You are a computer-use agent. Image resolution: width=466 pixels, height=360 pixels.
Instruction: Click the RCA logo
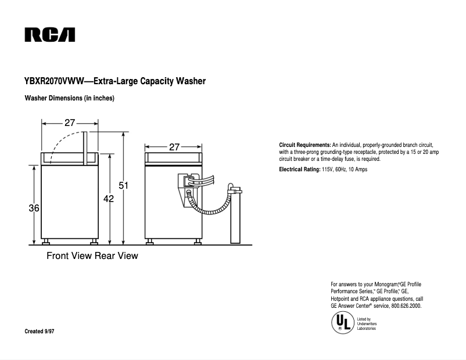point(49,35)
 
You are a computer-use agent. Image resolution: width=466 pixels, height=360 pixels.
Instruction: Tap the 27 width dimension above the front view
point(70,123)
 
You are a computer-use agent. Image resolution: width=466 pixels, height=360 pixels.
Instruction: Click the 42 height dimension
point(108,199)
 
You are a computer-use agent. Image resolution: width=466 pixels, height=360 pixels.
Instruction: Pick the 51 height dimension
point(123,186)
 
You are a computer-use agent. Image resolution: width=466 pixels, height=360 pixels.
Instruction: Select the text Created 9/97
point(42,331)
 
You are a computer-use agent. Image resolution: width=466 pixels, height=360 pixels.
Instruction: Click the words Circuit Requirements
point(304,144)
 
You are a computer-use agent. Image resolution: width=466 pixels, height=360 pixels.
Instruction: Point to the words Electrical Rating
point(299,170)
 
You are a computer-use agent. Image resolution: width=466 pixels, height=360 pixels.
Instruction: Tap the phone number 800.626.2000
point(406,305)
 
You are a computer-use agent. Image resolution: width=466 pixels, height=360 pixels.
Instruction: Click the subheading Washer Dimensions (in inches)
point(69,98)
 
